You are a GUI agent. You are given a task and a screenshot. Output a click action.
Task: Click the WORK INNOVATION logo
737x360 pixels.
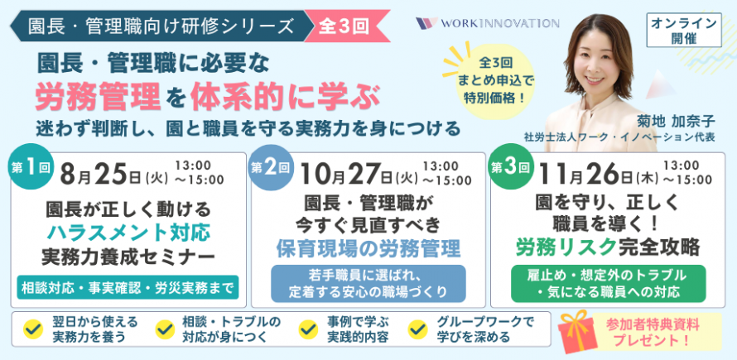(488, 23)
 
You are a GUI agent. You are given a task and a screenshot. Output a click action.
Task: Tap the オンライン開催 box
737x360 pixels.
(684, 31)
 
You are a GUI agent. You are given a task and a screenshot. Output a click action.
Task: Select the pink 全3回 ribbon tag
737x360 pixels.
(346, 26)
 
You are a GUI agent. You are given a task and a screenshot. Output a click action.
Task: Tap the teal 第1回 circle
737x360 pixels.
(30, 167)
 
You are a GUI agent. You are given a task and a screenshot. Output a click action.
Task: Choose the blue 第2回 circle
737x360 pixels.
(270, 167)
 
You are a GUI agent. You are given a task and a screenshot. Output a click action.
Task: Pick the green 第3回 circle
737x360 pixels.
(510, 167)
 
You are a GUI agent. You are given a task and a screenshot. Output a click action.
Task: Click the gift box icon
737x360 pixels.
(577, 331)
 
